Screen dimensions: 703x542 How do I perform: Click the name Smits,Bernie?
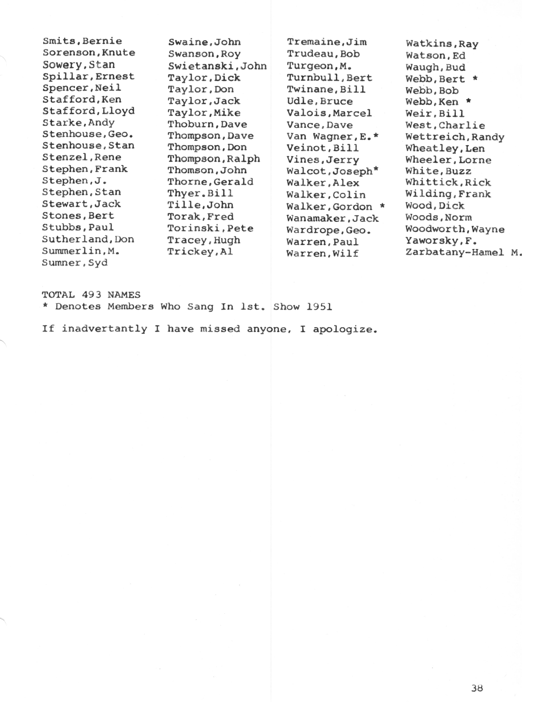coord(82,41)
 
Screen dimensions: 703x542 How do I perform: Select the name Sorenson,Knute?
coord(89,53)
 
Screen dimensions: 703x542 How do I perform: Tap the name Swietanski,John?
coord(217,66)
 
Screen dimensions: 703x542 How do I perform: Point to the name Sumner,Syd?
coord(74,263)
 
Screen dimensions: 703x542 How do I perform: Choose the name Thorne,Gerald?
coord(210,182)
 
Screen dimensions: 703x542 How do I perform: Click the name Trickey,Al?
coord(200,252)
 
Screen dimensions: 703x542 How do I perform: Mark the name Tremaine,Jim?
coord(326,42)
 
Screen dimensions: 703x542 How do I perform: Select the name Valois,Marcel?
coord(329,113)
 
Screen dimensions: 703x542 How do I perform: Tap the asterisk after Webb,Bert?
coord(475,79)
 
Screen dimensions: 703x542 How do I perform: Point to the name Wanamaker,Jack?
coord(332,218)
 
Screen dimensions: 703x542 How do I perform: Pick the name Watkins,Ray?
coord(442,44)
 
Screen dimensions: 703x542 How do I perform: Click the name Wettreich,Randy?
coord(455,137)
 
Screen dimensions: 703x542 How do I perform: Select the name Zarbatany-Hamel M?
coord(464,252)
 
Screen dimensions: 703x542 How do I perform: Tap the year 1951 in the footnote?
coord(319,307)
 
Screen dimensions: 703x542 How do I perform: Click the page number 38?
coord(477,688)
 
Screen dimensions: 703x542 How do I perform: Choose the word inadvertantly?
coord(104,329)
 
